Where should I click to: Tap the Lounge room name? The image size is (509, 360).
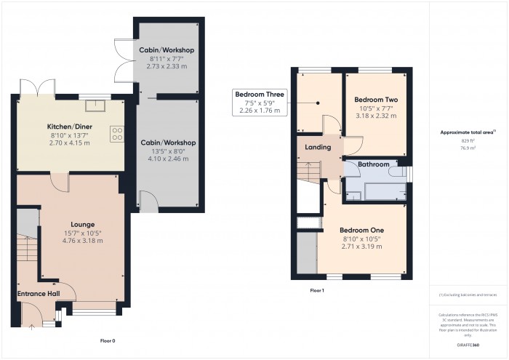click(x=82, y=224)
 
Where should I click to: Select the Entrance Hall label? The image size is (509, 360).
click(x=38, y=294)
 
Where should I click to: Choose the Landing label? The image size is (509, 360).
click(x=318, y=148)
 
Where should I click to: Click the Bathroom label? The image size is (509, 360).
click(x=374, y=165)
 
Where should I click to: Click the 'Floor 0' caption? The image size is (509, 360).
click(x=108, y=340)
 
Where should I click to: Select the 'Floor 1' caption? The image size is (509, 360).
click(x=317, y=291)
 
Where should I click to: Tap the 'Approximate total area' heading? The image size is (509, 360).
click(x=468, y=132)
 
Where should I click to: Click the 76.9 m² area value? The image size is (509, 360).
click(x=467, y=147)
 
